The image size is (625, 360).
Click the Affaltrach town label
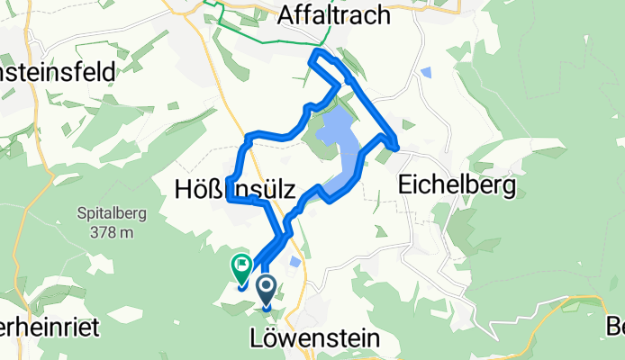pyautogui.click(x=334, y=15)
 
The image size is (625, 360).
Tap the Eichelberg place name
pyautogui.click(x=457, y=186)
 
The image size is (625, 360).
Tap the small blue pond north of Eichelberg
pyautogui.click(x=426, y=72)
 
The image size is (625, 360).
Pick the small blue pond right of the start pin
pyautogui.click(x=295, y=261)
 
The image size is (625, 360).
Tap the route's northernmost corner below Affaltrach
pyautogui.click(x=314, y=55)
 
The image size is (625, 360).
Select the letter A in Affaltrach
pyautogui.click(x=287, y=15)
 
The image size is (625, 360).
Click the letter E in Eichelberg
pyautogui.click(x=404, y=186)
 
